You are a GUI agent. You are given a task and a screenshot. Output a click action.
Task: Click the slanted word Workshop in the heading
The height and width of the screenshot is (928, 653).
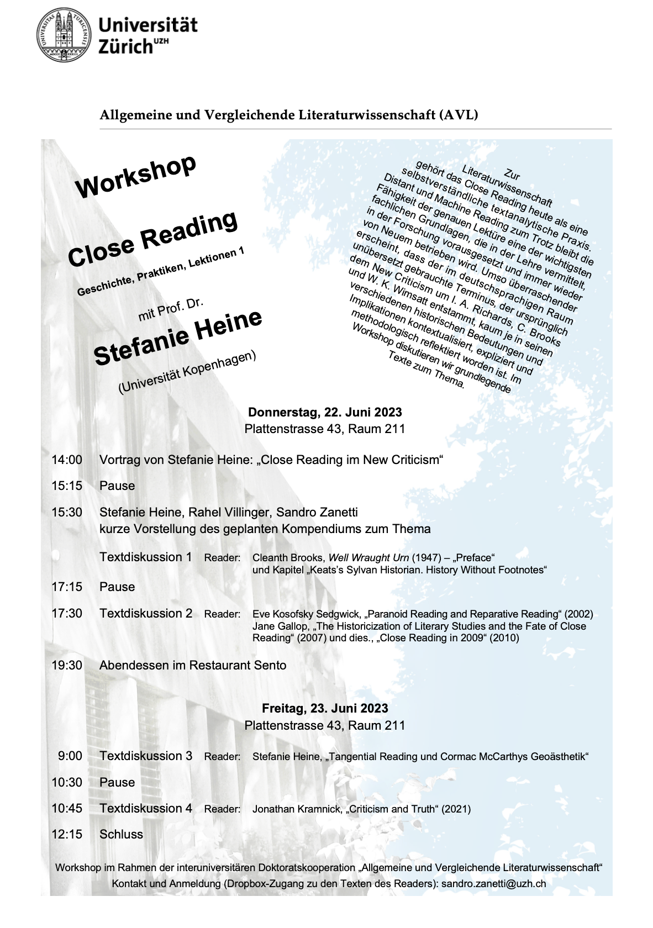click(136, 176)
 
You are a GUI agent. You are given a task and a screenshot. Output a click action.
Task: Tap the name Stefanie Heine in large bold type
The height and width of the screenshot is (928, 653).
click(178, 337)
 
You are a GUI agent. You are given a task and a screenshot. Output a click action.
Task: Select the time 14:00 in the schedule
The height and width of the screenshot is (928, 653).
click(67, 460)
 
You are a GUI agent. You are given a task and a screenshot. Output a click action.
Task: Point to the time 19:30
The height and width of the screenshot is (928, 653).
click(67, 665)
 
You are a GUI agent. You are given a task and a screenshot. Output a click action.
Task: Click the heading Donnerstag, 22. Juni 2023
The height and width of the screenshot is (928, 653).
click(325, 412)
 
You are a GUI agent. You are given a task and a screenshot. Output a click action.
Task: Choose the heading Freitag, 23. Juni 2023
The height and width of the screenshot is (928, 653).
click(325, 708)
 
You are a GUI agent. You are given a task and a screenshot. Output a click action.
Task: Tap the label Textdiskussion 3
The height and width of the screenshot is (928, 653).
click(146, 756)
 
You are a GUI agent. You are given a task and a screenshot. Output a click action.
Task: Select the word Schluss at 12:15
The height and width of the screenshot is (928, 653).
click(121, 834)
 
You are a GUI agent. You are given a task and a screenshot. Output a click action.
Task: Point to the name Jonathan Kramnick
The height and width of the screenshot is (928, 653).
click(297, 809)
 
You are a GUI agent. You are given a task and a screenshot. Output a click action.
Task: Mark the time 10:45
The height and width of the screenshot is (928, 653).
click(67, 808)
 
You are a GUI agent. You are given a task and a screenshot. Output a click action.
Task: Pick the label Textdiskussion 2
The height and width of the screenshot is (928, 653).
click(146, 613)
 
